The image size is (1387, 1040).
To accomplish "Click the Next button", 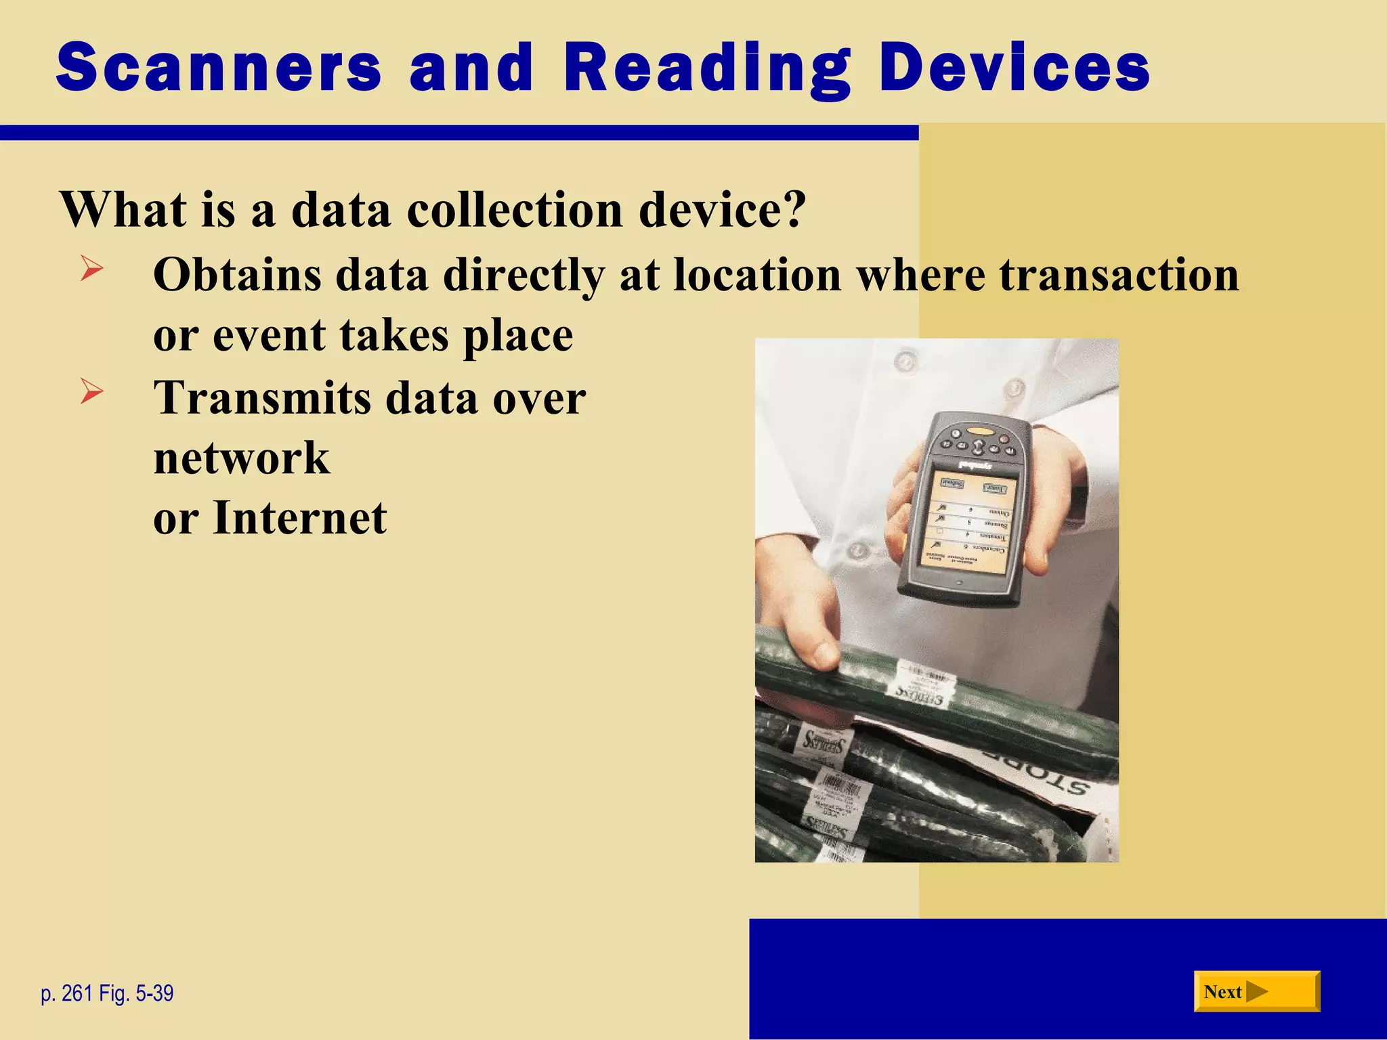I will (1256, 992).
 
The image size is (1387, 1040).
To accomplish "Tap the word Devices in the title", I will (1014, 68).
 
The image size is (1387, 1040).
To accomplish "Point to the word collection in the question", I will (514, 209).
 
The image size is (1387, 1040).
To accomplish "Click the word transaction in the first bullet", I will (1119, 275).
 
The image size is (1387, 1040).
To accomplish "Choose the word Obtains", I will (236, 275).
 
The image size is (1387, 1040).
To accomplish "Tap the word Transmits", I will (262, 397).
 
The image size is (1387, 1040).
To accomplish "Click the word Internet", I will (300, 518).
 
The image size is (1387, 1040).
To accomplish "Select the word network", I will (242, 458).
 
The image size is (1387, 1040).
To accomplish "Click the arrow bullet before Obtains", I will (91, 269).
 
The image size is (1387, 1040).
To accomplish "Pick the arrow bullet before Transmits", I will (91, 391).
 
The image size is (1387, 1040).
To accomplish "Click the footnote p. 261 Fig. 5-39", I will (107, 993).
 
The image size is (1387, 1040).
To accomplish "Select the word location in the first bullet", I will (757, 275).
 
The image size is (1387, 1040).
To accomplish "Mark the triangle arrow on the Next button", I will (1257, 992).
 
